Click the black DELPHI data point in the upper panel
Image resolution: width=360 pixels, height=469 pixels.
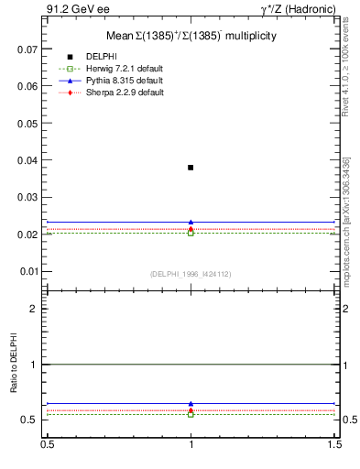tap(191, 168)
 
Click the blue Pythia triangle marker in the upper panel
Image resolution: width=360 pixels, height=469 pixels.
tap(191, 222)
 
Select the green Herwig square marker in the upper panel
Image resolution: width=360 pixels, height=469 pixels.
tap(191, 233)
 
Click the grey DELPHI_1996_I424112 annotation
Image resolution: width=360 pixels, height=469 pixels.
tap(191, 274)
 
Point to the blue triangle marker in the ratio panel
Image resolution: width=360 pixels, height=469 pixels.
tap(191, 403)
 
